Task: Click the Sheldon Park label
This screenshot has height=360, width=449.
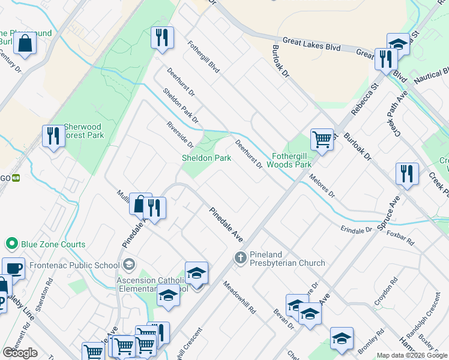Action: coord(206,158)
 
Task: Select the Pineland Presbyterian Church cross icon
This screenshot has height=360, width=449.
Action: coord(240,257)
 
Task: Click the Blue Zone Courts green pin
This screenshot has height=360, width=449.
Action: coord(11,244)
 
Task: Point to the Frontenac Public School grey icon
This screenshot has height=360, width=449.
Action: coord(129,265)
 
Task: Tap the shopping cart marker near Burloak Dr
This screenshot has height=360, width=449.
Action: coord(322,140)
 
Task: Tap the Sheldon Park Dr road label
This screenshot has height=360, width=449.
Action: coord(181,107)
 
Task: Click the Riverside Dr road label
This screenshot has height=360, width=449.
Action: coord(180,135)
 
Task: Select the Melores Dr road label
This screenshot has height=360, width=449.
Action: coord(322,186)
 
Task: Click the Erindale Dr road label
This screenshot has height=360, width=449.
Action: coord(357,230)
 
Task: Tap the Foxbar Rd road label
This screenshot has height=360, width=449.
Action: coord(402,237)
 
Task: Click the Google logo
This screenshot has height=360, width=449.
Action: coord(20,353)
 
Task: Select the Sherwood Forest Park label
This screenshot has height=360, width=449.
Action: coord(83,131)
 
